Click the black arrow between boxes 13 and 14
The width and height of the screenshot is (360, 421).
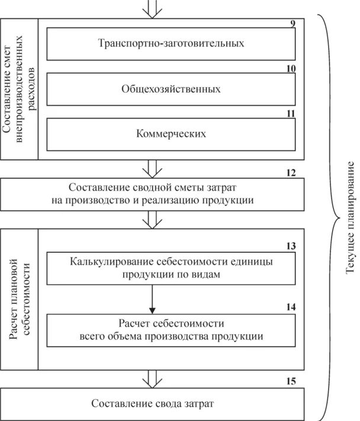(153, 299)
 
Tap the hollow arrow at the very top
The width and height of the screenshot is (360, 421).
(153, 8)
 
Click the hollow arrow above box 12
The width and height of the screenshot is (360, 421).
(153, 169)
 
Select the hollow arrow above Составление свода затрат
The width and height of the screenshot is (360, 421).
(153, 379)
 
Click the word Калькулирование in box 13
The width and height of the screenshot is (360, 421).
(105, 262)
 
